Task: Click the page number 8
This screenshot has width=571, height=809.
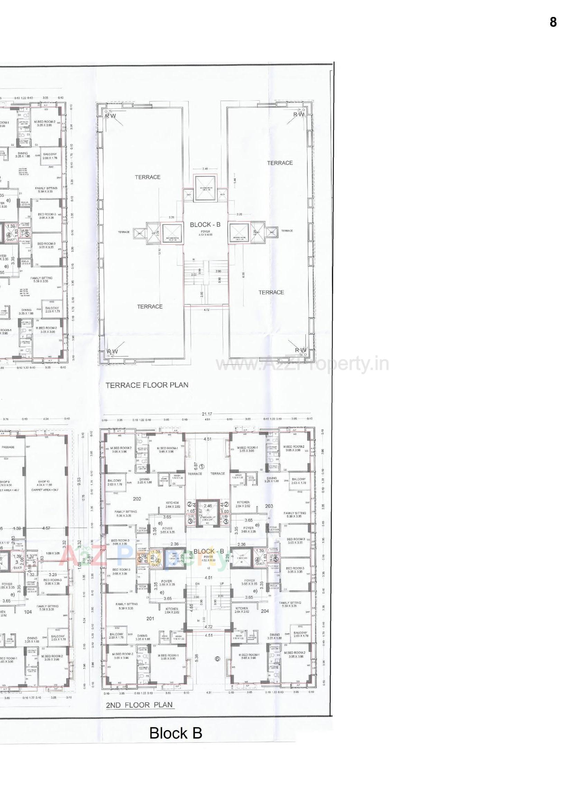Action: click(x=553, y=22)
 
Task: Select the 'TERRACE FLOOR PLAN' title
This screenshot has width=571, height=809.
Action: click(x=147, y=385)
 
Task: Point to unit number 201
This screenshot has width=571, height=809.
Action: click(x=150, y=618)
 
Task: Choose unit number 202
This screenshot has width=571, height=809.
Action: click(x=137, y=499)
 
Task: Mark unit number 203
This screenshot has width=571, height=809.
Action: click(x=269, y=506)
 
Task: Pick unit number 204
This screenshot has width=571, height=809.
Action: click(x=265, y=611)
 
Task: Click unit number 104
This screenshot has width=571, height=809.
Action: click(x=28, y=612)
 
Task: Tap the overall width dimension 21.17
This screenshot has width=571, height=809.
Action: click(x=207, y=414)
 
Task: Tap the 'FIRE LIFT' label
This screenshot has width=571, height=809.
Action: click(x=172, y=558)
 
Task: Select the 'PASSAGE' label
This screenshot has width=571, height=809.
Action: click(x=8, y=447)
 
